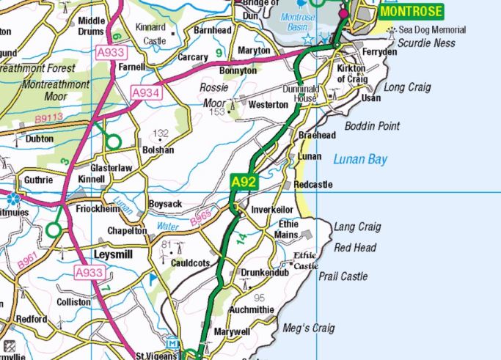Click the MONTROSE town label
tap(411, 12)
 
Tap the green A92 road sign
tap(244, 181)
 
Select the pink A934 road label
tap(146, 92)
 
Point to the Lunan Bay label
tap(359, 159)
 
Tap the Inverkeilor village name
tap(272, 209)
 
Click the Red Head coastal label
tap(354, 248)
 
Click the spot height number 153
tap(216, 112)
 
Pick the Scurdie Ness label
tap(425, 43)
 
